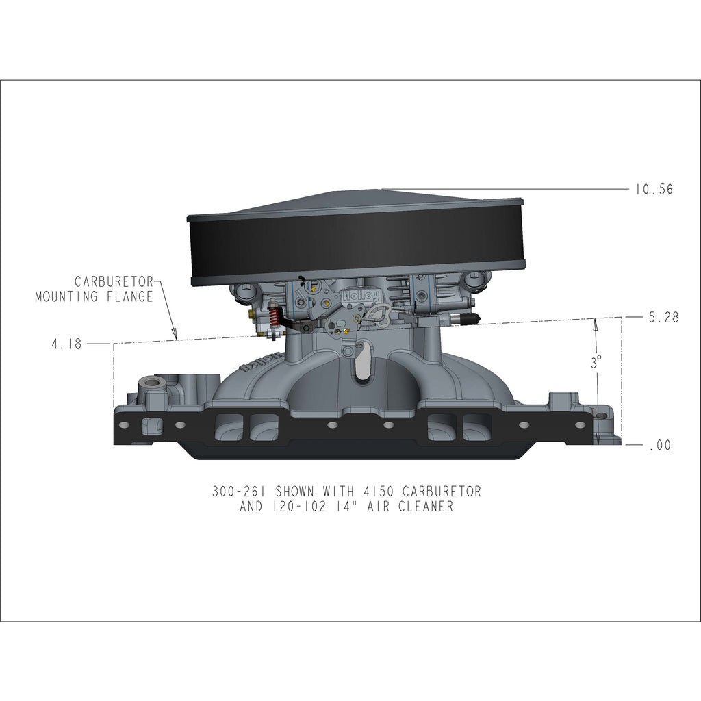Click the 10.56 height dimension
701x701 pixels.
click(x=654, y=189)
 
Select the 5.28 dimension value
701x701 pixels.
click(x=663, y=317)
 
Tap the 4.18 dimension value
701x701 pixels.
click(x=66, y=344)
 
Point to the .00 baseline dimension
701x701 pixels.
click(x=660, y=445)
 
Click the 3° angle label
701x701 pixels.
click(x=596, y=363)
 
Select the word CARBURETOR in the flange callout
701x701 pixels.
click(x=114, y=281)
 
